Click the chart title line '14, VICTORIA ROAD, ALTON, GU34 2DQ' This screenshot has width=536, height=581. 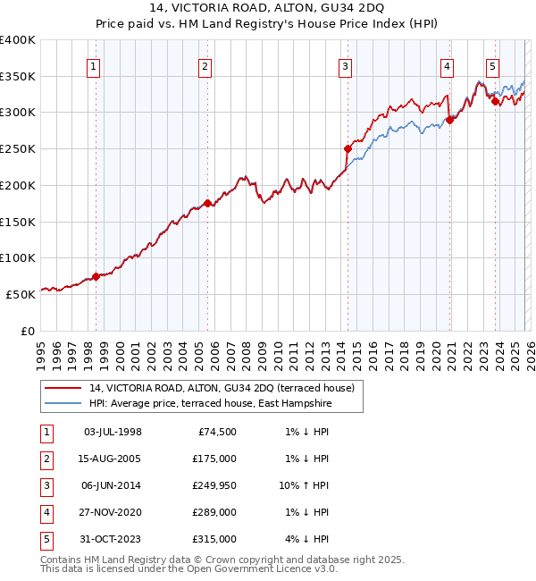pyautogui.click(x=267, y=10)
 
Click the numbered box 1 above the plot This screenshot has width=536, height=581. pyautogui.click(x=95, y=65)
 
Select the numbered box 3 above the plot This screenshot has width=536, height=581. pyautogui.click(x=346, y=65)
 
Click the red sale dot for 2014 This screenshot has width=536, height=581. pyautogui.click(x=348, y=148)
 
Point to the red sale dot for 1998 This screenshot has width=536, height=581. pyautogui.click(x=96, y=276)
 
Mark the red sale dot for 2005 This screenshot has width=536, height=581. pyautogui.click(x=207, y=203)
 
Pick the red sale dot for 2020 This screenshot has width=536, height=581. pyautogui.click(x=449, y=121)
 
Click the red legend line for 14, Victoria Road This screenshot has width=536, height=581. pyautogui.click(x=63, y=388)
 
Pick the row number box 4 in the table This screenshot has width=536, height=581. pyautogui.click(x=45, y=513)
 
